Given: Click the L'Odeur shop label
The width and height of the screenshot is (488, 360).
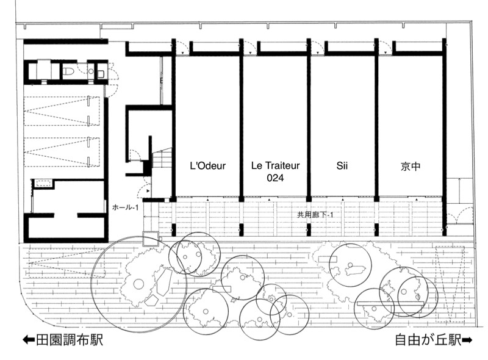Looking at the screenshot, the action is [207, 165].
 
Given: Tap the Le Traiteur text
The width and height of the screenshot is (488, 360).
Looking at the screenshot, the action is [276, 165].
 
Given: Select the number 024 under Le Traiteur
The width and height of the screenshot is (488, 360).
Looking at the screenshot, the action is [276, 178].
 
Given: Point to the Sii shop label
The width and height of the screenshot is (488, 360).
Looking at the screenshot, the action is [342, 165].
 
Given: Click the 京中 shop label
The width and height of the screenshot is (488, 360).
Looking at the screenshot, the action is [411, 167].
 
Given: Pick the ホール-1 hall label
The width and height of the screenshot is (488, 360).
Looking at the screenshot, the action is [126, 207].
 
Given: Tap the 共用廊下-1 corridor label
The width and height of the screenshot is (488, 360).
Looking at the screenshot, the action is [315, 215].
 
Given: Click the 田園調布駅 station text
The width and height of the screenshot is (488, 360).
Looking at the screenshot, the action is [70, 340].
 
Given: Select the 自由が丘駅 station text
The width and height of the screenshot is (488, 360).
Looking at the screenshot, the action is [428, 340].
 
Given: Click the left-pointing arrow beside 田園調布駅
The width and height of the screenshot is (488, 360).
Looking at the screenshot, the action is [29, 340].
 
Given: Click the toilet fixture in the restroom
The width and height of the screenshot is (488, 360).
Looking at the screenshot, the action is [68, 71].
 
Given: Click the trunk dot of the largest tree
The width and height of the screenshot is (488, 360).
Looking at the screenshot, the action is [139, 284].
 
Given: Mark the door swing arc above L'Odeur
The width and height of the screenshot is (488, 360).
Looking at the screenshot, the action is [182, 48].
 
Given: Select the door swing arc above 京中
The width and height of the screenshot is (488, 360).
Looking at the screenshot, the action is [386, 48].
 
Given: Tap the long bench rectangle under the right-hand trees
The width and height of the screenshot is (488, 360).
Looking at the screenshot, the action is [390, 303].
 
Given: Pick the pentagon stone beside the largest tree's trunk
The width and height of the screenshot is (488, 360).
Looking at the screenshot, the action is [152, 300].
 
